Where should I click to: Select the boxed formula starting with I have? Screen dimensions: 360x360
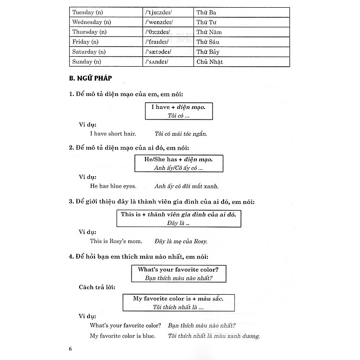point(178,111)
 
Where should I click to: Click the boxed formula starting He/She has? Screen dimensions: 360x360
point(179,163)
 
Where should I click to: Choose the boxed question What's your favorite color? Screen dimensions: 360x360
point(178,274)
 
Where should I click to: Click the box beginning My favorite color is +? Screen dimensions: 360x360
point(178,302)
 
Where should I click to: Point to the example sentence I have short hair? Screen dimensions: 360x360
point(113,134)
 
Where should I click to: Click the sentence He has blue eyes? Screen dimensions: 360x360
point(113,186)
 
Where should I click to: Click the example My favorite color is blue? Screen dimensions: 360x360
point(122,336)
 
